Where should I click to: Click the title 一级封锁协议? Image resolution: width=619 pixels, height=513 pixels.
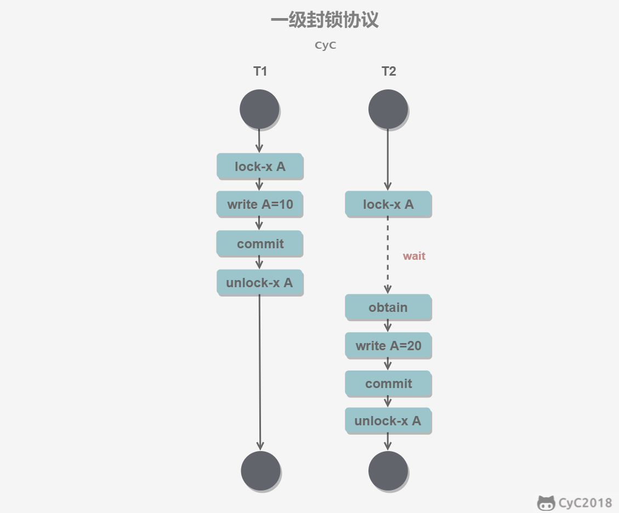[x=325, y=21]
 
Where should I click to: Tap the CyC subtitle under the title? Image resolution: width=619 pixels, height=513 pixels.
[x=325, y=45]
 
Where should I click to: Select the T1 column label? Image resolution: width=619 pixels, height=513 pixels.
[x=260, y=72]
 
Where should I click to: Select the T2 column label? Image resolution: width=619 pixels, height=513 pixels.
[x=388, y=72]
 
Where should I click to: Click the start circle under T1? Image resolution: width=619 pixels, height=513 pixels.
[x=259, y=109]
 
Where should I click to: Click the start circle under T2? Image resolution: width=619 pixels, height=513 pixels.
[x=388, y=109]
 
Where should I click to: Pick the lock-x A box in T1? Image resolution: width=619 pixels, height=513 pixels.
[x=259, y=166]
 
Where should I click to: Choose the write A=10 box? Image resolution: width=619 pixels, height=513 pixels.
[x=259, y=204]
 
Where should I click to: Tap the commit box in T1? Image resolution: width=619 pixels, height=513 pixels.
[x=259, y=243]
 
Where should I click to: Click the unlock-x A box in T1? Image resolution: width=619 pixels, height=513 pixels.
[x=259, y=283]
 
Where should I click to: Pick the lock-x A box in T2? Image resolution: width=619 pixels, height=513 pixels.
[x=388, y=204]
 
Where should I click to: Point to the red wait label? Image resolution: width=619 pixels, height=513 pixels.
[x=414, y=256]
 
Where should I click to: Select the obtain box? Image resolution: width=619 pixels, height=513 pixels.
[x=388, y=307]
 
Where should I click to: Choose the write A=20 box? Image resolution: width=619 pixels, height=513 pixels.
[x=388, y=346]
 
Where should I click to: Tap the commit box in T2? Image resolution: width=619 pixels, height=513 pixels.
[x=388, y=384]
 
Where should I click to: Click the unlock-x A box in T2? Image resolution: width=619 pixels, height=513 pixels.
[x=388, y=421]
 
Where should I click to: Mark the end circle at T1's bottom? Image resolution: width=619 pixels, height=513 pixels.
[x=260, y=470]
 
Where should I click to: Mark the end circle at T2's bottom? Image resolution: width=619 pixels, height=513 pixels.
[x=388, y=470]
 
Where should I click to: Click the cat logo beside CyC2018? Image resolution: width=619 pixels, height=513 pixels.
[x=546, y=503]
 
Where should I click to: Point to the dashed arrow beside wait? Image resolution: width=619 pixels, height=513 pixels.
[x=388, y=255]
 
